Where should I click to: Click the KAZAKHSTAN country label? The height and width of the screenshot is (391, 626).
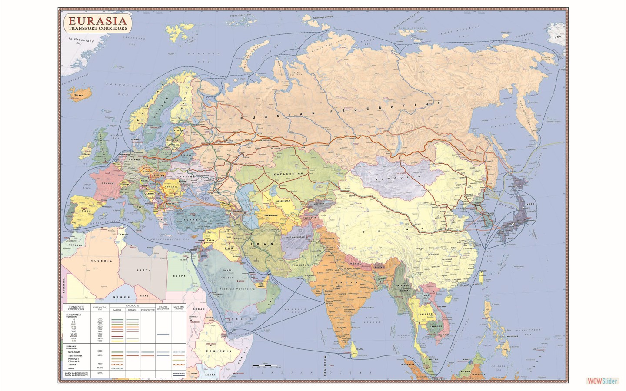[288, 174]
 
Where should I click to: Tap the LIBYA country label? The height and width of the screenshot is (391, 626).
[144, 270]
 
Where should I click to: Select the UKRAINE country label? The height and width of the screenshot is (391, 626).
[185, 177]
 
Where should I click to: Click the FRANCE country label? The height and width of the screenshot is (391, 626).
[107, 183]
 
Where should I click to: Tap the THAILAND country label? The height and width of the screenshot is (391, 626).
[425, 314]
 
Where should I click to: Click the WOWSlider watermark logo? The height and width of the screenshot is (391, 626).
[602, 381]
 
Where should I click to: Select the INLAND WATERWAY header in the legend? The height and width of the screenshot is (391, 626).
[163, 308]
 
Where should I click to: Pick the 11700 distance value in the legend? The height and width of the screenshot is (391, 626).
[100, 368]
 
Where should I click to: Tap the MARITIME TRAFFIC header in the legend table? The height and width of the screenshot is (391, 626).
[179, 308]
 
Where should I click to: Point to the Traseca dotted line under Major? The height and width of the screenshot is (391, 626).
[117, 364]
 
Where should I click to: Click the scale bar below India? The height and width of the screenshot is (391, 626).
[263, 366]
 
